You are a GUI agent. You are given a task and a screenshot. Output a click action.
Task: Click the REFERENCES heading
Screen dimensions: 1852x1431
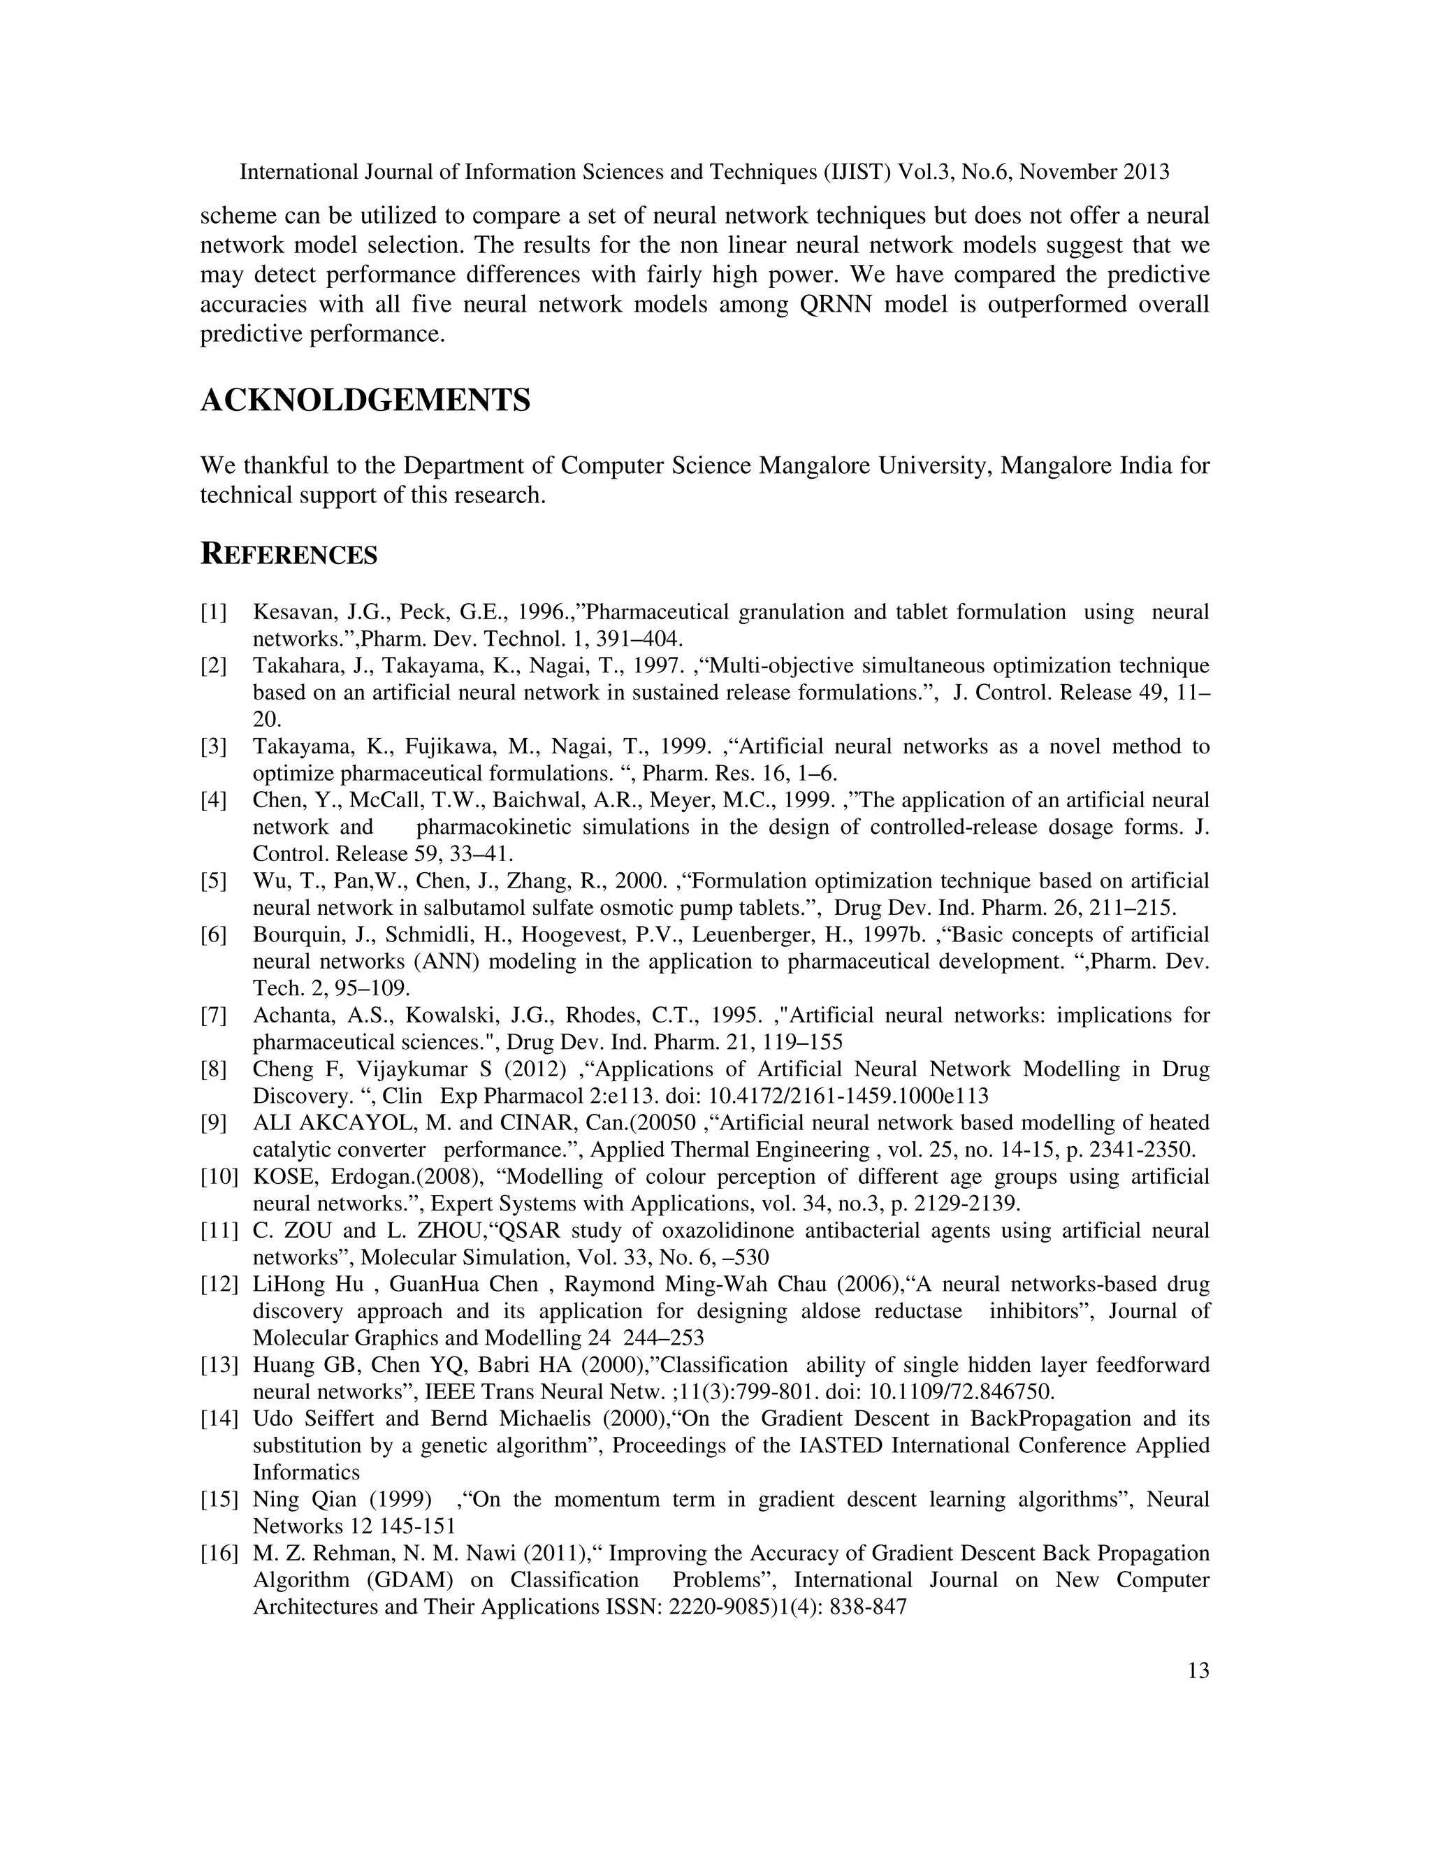point(289,555)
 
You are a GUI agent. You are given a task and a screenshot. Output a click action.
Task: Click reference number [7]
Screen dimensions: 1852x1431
point(214,1015)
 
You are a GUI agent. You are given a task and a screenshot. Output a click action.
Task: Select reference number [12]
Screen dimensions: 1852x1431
point(219,1284)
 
